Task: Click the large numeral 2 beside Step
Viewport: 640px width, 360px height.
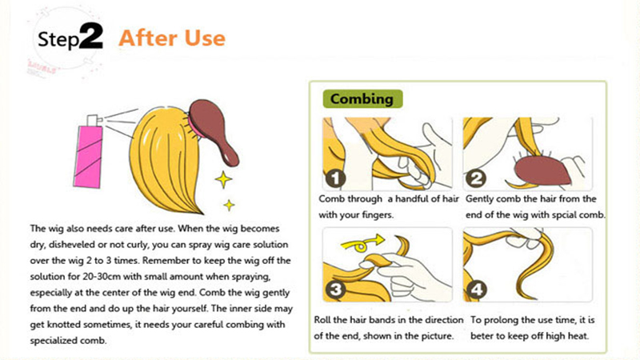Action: [x=90, y=37]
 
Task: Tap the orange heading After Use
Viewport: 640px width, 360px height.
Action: [x=172, y=38]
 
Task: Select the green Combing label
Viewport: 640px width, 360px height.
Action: [x=362, y=98]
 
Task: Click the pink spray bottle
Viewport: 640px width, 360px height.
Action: [x=89, y=153]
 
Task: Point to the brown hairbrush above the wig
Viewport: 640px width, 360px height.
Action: [x=214, y=130]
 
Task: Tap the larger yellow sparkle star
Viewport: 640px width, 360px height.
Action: [x=223, y=179]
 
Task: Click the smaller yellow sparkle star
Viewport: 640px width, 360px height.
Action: [x=229, y=205]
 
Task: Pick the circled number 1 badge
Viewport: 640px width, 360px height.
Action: [x=335, y=178]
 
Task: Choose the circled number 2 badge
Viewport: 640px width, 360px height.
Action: [x=476, y=178]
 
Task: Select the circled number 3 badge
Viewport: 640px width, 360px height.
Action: [x=335, y=290]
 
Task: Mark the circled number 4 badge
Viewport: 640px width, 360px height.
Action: [x=476, y=290]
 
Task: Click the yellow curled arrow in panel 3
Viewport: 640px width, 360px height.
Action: [x=361, y=244]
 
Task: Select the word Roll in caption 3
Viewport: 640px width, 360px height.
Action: [x=322, y=319]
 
